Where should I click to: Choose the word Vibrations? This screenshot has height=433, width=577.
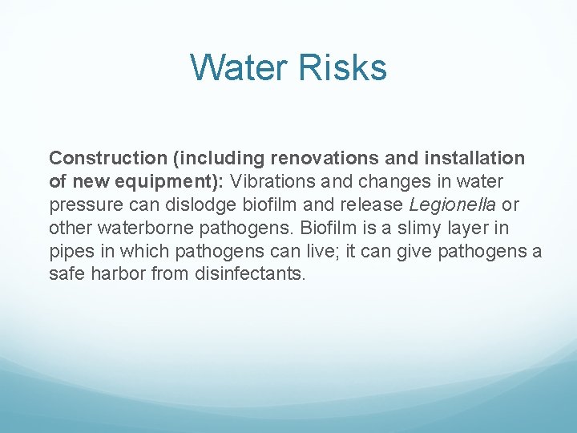269,182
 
